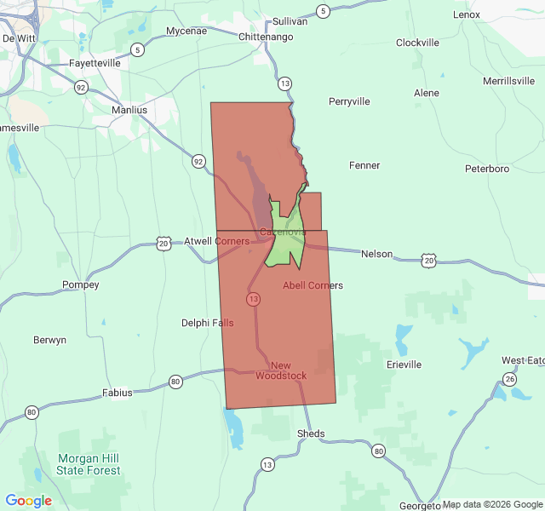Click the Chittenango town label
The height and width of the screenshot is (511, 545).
click(x=266, y=37)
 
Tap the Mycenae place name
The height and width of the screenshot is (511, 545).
click(x=186, y=31)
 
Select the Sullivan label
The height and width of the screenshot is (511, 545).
click(x=290, y=21)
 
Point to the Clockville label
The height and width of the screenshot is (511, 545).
click(x=417, y=43)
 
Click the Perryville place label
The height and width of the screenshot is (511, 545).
click(x=349, y=101)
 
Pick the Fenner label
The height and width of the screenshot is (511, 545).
click(x=364, y=165)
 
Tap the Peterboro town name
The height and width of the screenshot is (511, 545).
click(x=487, y=169)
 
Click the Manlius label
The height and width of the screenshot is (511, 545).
click(x=129, y=110)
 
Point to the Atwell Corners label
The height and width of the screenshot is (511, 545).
click(x=217, y=241)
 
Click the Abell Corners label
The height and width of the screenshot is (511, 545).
click(x=313, y=285)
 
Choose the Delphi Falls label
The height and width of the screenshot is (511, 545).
click(x=207, y=323)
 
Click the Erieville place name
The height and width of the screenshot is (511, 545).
click(x=404, y=365)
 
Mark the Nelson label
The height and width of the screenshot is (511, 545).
click(x=377, y=254)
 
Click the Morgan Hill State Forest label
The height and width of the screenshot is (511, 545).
click(x=89, y=464)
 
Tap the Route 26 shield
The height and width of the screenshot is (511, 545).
click(x=509, y=379)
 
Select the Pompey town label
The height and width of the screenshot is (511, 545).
click(x=81, y=284)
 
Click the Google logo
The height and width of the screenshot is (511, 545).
click(x=29, y=501)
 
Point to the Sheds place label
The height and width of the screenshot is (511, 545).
click(x=311, y=433)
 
